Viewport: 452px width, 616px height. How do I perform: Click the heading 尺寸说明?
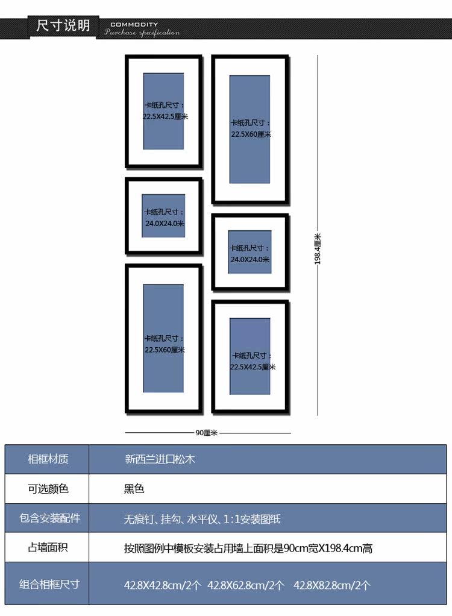click(63, 26)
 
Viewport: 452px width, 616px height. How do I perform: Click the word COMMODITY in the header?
click(134, 25)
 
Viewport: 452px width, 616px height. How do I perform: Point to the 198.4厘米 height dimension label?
click(318, 249)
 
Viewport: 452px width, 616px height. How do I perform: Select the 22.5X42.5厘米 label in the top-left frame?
click(165, 116)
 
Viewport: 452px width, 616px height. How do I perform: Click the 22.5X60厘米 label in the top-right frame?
click(251, 134)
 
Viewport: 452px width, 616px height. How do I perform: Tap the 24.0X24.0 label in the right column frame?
click(250, 260)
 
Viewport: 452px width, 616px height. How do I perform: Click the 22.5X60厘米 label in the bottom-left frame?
click(165, 350)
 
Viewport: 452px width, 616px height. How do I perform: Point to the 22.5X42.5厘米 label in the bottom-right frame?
click(253, 366)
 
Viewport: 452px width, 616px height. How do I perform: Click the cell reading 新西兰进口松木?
click(160, 459)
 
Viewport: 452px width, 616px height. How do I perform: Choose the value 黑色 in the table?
click(134, 488)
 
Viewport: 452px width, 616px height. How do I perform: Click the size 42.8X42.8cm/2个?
click(163, 585)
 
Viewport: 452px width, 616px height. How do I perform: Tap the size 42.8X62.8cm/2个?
click(246, 585)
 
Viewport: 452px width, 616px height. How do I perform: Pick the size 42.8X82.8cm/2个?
click(332, 585)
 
